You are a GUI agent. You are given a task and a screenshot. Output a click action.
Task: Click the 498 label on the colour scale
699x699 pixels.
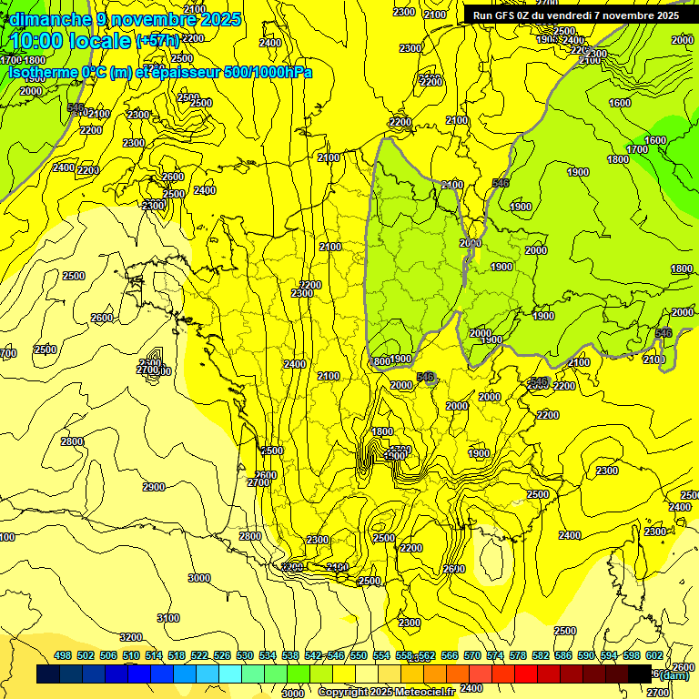click(x=63, y=656)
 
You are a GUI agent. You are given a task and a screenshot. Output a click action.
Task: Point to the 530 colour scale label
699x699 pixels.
click(x=245, y=656)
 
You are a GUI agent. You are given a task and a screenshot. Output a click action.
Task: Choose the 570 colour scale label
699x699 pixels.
click(x=472, y=656)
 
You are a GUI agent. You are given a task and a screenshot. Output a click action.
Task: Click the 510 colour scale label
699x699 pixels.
click(x=131, y=656)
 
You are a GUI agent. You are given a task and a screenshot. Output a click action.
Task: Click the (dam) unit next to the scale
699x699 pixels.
click(x=674, y=674)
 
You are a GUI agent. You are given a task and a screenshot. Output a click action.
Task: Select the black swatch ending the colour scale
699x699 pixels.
click(x=640, y=674)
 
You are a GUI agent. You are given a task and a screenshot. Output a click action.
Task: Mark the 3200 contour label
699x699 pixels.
click(x=131, y=637)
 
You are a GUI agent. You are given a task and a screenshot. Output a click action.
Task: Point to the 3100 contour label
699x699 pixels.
click(x=168, y=618)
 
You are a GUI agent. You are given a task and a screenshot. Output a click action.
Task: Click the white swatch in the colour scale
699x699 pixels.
click(x=367, y=674)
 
